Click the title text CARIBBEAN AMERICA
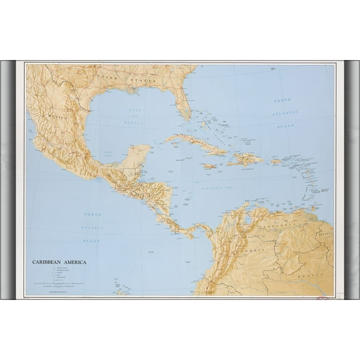pos(59,262)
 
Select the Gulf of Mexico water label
pos(133,114)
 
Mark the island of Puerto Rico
pos(276,162)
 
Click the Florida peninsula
pos(183,106)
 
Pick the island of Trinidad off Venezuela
pos(311,207)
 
